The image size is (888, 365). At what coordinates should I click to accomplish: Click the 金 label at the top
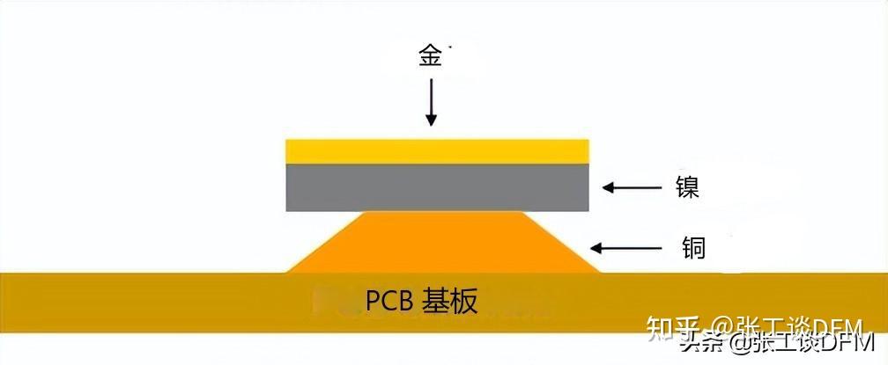point(432,57)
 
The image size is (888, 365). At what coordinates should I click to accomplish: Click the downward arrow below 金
point(432,102)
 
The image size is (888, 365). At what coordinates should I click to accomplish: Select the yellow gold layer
point(438,150)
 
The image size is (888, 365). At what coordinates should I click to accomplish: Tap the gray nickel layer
point(438,186)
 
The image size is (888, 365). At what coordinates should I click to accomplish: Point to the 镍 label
point(687,187)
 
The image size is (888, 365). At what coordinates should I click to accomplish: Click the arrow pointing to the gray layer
point(632,187)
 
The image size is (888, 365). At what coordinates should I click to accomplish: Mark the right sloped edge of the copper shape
point(560,242)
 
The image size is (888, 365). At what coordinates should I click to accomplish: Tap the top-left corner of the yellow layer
point(288,140)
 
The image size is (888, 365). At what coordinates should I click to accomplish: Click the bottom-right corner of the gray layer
point(588,210)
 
